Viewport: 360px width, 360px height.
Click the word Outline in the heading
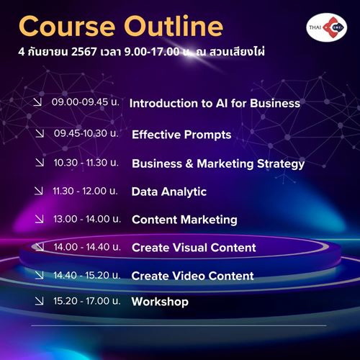pos(174,26)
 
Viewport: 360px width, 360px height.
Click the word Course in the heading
pos(67,27)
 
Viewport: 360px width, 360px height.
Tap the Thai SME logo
pos(327,27)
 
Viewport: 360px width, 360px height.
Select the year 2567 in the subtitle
pos(84,52)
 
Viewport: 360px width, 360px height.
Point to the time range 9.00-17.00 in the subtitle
pos(152,52)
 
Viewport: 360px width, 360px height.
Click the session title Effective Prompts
pos(181,135)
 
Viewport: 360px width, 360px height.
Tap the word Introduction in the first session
pos(163,103)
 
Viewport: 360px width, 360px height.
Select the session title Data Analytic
pos(169,192)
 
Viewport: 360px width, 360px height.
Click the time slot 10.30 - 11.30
pos(81,163)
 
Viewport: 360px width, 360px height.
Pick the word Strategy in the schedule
pos(281,164)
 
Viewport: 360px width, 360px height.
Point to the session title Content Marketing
pos(184,220)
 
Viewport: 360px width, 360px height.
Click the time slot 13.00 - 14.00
pos(81,219)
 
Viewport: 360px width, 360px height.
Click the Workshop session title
pos(160,302)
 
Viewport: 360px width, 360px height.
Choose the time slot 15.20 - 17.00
pos(81,301)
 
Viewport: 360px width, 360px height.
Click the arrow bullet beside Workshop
pos(39,301)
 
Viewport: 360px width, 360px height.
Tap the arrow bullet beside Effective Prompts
pos(40,133)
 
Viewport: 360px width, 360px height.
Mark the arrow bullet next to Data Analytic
pos(39,191)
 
